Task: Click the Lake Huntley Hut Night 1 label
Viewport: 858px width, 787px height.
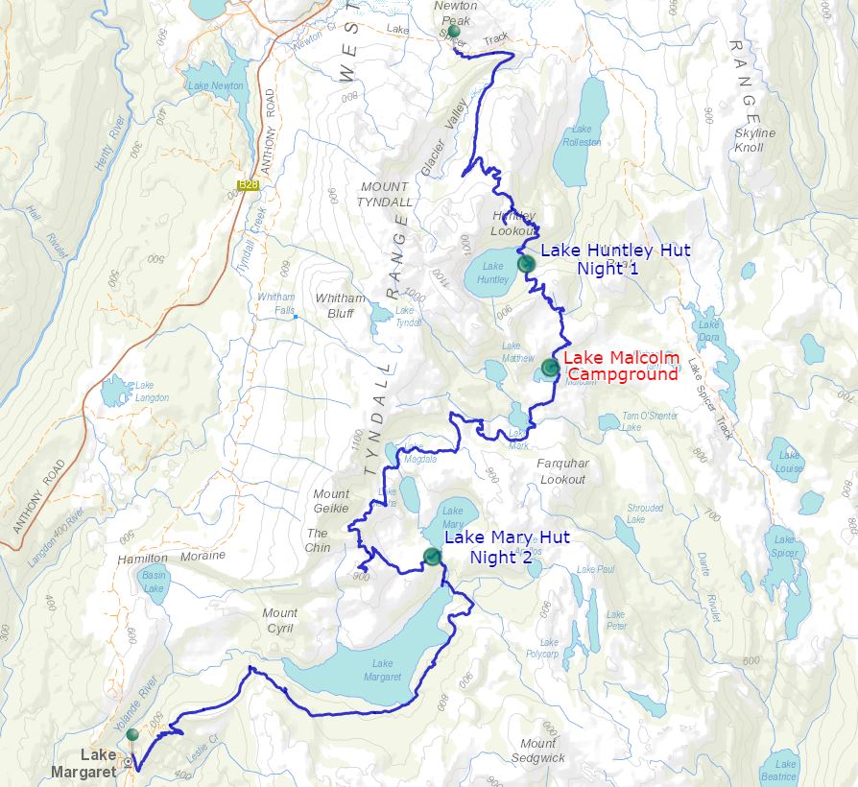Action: (615, 259)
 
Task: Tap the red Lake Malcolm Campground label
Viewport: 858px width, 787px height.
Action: (621, 366)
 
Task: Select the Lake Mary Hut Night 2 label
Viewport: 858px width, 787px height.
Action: (502, 547)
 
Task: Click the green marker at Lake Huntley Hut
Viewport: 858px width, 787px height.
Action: (524, 263)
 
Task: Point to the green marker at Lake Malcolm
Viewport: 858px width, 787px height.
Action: (550, 367)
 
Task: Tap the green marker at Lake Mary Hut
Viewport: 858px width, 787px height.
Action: (431, 557)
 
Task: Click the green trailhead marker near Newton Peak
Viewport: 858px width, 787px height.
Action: (454, 31)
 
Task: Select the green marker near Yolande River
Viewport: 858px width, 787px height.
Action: (132, 734)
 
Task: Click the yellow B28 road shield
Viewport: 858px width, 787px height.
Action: (249, 184)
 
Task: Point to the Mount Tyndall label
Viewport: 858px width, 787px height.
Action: (385, 194)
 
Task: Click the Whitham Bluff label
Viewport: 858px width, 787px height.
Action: (340, 305)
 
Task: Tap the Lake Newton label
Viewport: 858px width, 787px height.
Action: (215, 86)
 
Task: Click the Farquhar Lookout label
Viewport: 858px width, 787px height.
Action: (561, 471)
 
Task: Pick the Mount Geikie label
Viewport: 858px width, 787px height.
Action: (331, 501)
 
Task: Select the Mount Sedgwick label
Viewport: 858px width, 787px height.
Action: (537, 751)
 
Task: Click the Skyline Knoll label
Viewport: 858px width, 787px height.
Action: (754, 140)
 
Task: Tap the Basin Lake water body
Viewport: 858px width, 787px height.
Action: (155, 583)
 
